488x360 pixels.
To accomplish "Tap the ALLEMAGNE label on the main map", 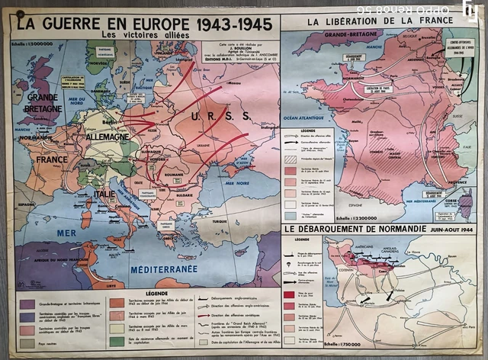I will (x=106, y=137).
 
